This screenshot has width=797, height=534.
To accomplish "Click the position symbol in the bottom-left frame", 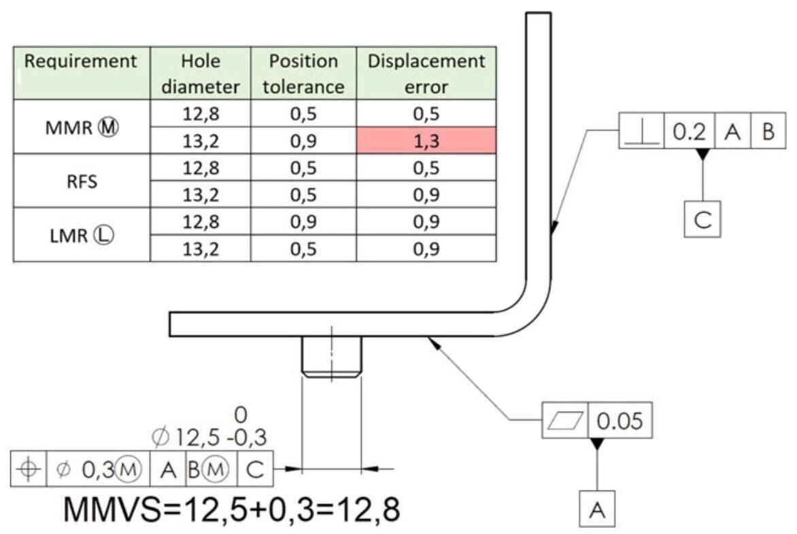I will coord(29,468).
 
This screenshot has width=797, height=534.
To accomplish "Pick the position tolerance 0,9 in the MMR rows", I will coord(296,141).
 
